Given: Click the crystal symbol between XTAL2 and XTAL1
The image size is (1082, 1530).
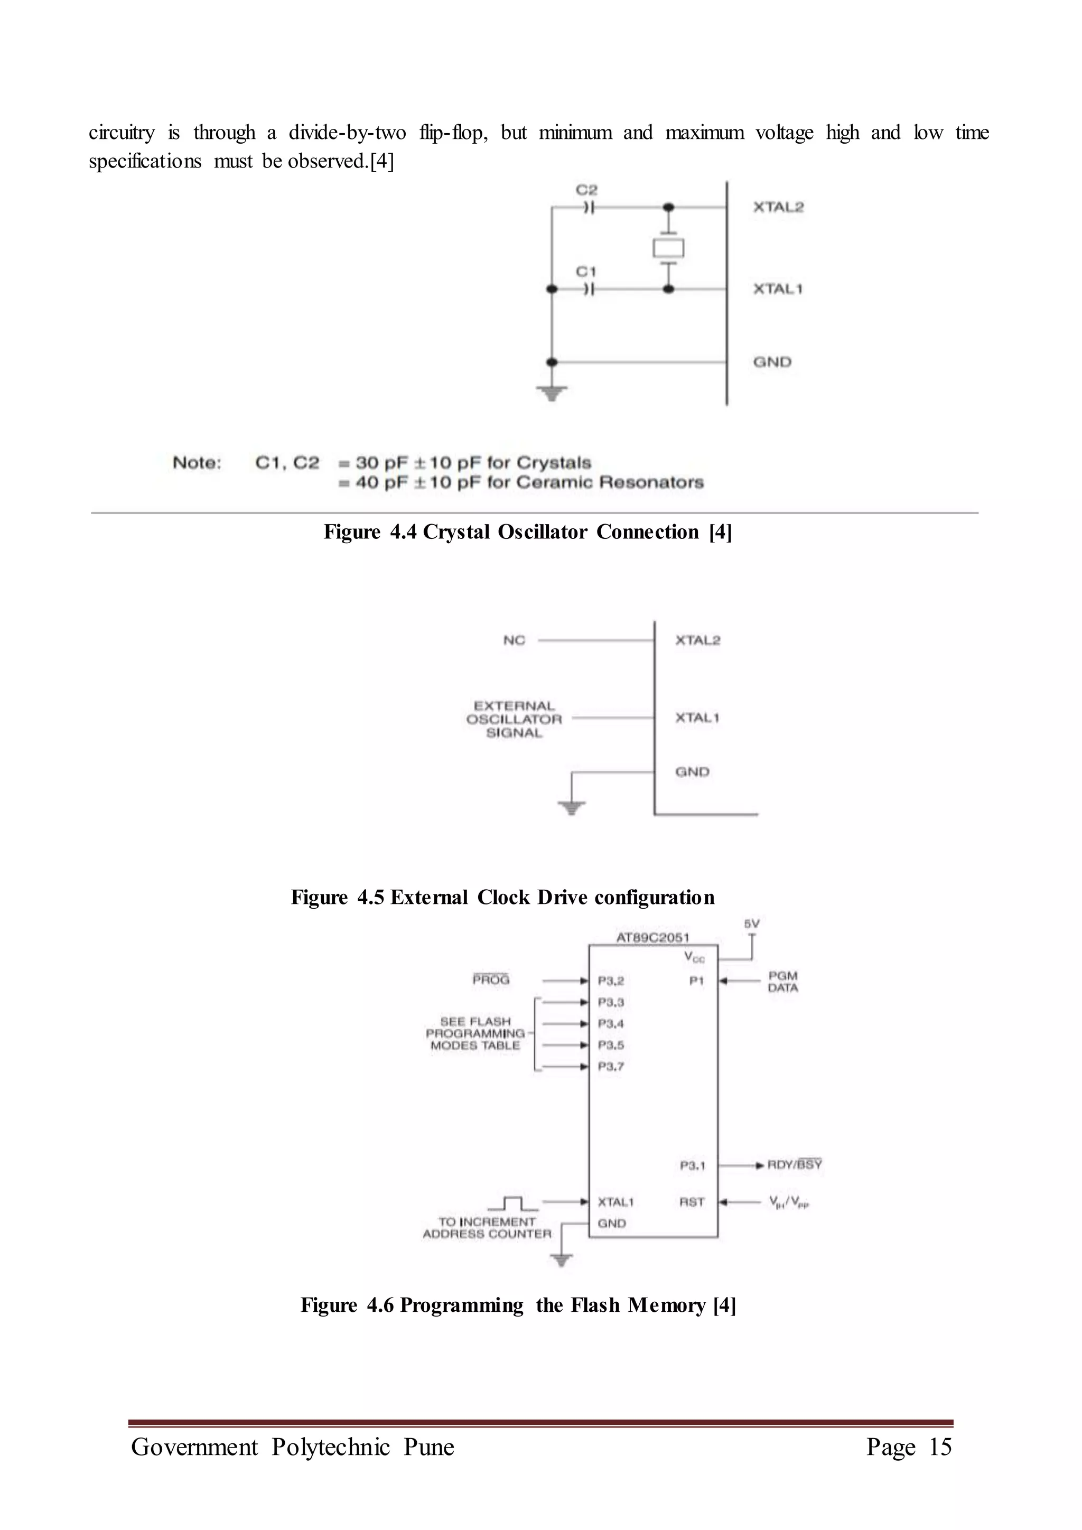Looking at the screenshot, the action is click(x=668, y=248).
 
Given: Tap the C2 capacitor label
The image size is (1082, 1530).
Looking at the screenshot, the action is click(x=587, y=190).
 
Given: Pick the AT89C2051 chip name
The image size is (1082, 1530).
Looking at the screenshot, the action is click(x=652, y=938).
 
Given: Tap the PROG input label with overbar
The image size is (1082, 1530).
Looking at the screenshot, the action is click(x=491, y=979).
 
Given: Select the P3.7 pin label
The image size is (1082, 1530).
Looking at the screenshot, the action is click(x=611, y=1066).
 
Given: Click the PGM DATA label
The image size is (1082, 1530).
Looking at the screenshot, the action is click(x=783, y=982).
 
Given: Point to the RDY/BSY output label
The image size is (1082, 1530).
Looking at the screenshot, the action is click(x=795, y=1164).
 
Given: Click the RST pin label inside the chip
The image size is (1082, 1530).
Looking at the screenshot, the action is click(x=692, y=1201).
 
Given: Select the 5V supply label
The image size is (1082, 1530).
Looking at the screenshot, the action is click(x=752, y=923).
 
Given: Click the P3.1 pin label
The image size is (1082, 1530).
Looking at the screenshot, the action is click(x=692, y=1165).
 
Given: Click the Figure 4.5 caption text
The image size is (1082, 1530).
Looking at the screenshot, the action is click(x=503, y=897).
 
